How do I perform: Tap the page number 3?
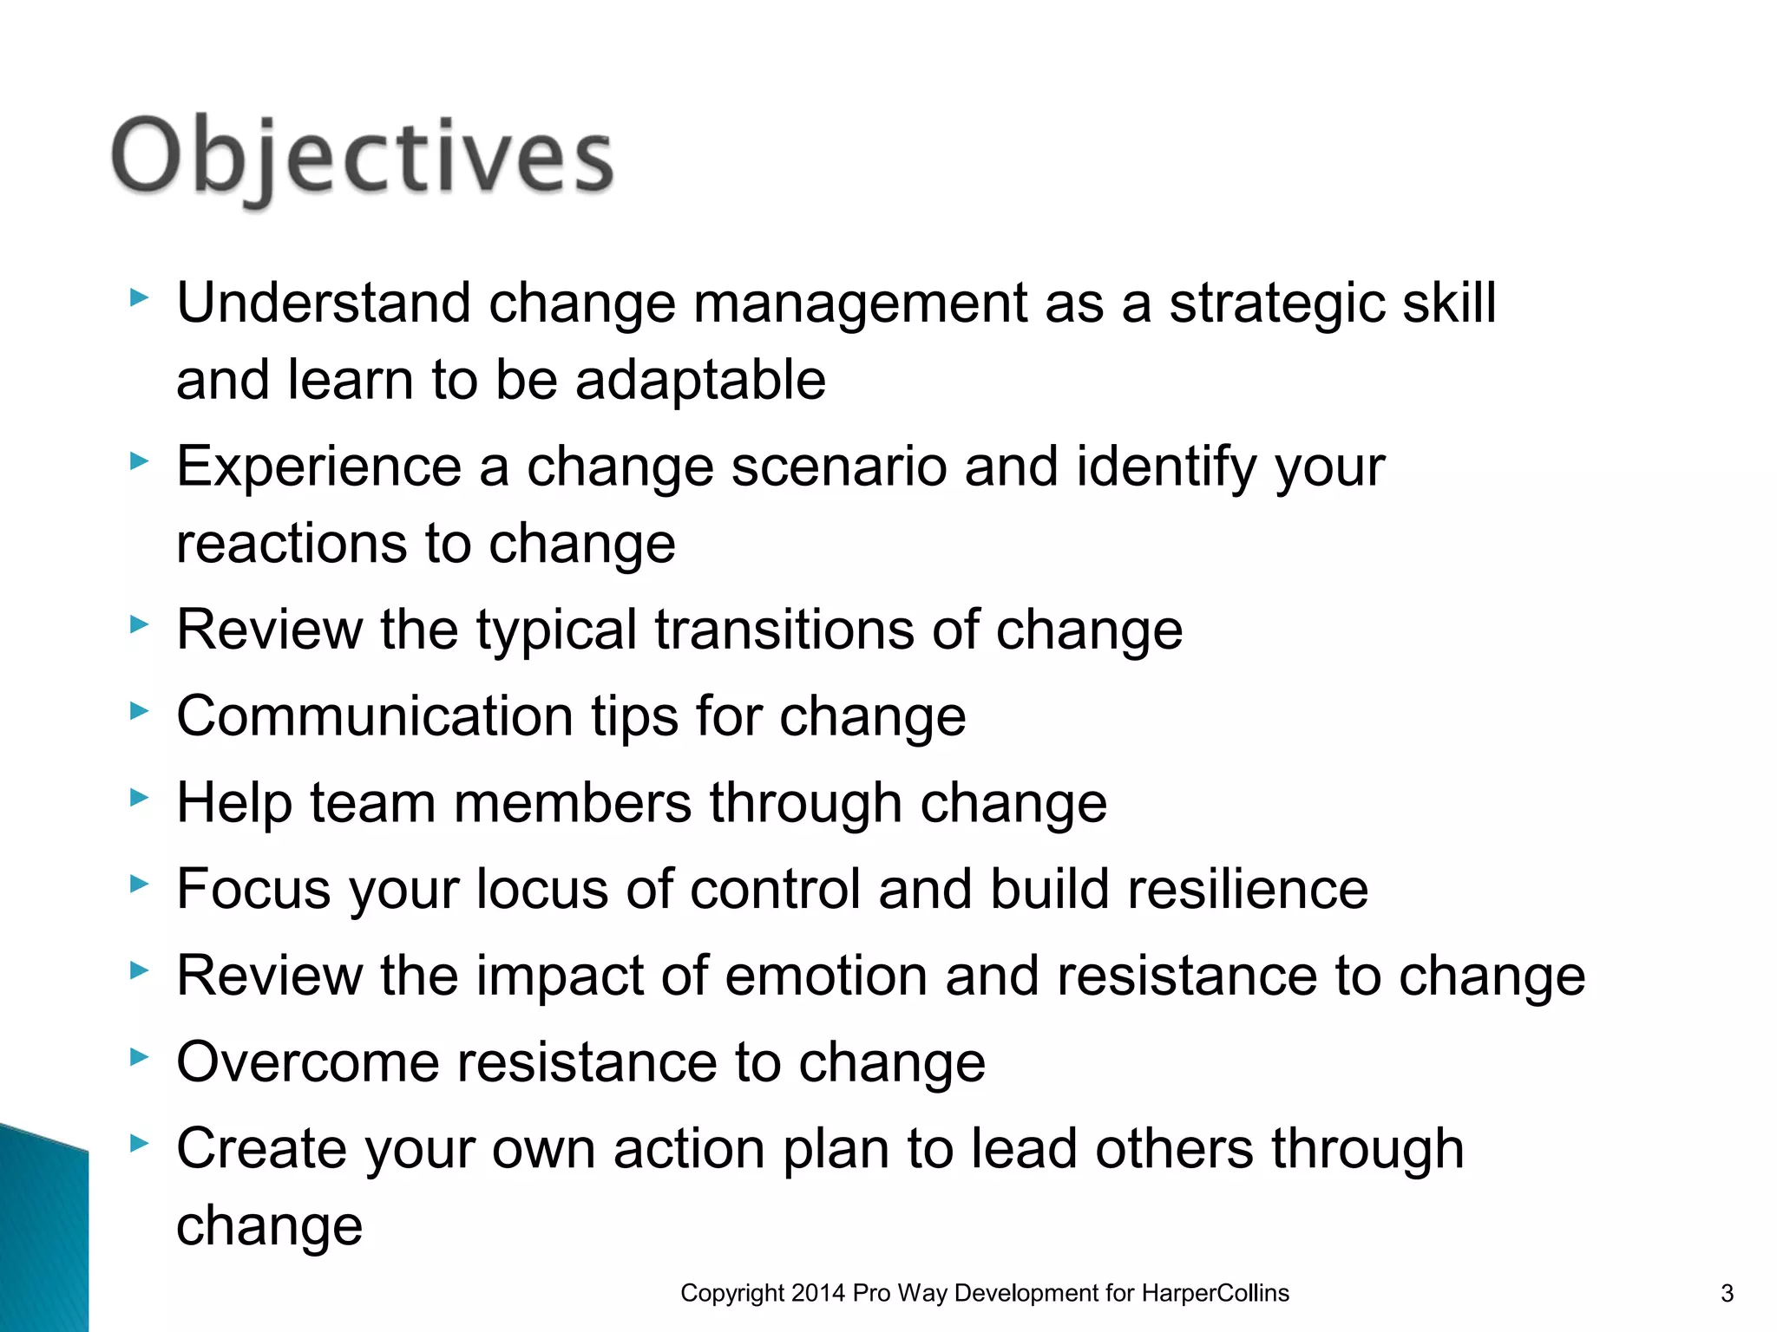click(x=1727, y=1294)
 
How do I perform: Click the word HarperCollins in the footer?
click(x=1215, y=1294)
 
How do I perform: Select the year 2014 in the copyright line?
click(x=818, y=1294)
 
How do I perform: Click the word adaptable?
click(x=700, y=381)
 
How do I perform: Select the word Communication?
click(x=375, y=717)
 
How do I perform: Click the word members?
click(x=573, y=803)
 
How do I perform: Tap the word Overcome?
click(x=308, y=1063)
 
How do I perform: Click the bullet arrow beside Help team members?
click(x=139, y=798)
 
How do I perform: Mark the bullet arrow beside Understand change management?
click(x=139, y=298)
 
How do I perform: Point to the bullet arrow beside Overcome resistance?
click(x=139, y=1057)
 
